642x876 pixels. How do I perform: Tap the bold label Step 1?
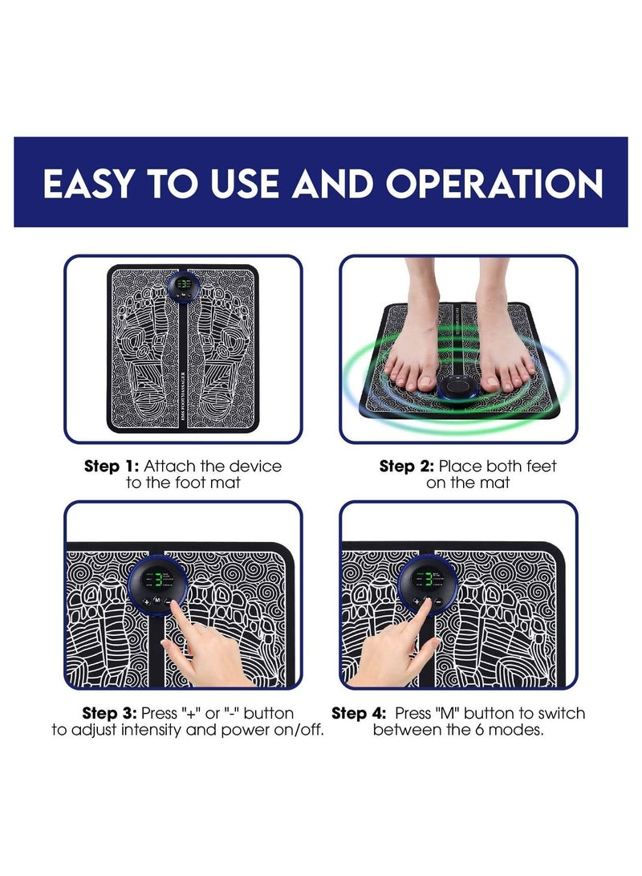112,466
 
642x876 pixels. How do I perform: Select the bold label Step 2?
407,466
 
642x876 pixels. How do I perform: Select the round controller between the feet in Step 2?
458,387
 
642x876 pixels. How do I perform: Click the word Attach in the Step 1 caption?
169,466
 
